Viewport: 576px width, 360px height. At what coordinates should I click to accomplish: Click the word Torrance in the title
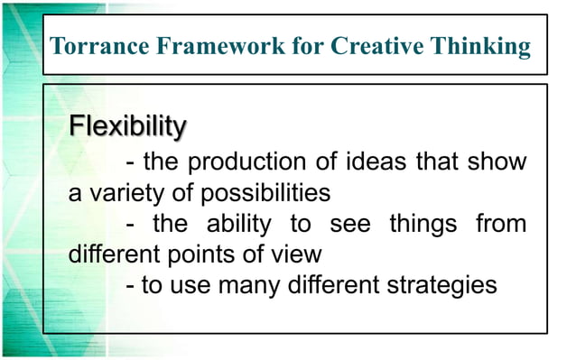pos(90,47)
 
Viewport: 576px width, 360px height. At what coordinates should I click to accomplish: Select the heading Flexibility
pos(128,125)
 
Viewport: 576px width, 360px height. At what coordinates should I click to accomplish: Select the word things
pos(423,224)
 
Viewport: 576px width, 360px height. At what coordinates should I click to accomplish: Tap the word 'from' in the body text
pos(501,224)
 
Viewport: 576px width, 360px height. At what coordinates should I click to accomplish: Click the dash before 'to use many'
pos(133,284)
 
